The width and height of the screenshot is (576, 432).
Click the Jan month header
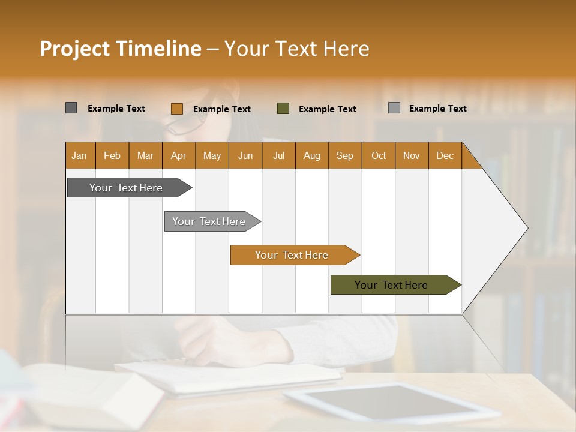[80, 156]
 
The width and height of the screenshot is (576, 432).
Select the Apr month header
[179, 156]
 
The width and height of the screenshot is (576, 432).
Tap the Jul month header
[279, 156]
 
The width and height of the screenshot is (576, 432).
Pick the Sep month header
[345, 156]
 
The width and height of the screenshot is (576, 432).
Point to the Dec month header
[445, 156]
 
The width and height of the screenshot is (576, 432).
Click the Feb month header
[112, 156]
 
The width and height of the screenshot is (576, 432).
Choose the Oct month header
[379, 156]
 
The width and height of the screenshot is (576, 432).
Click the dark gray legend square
[71, 108]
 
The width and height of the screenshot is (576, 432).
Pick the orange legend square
[176, 109]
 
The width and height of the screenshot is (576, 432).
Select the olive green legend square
[283, 109]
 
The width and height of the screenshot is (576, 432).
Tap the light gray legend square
[394, 108]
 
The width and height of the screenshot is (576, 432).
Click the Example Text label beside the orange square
[222, 109]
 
